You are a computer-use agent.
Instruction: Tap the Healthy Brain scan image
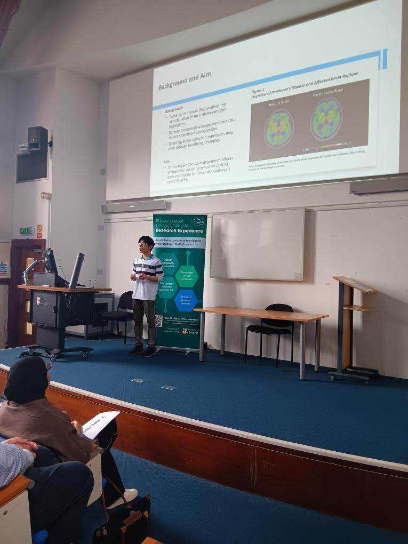[x=278, y=129]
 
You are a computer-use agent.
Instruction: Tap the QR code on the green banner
[x=159, y=321]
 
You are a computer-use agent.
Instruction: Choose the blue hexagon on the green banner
[x=185, y=300]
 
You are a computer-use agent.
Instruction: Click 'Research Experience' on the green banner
[x=179, y=231]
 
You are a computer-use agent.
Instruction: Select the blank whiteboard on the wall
[x=257, y=243]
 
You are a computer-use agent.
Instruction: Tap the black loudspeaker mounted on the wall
[x=38, y=139]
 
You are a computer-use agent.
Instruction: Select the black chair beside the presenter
[x=119, y=312]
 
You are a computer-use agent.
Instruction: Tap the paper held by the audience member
[x=100, y=424]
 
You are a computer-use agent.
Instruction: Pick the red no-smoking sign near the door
[x=39, y=230]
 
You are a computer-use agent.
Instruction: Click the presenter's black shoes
[x=143, y=351]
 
